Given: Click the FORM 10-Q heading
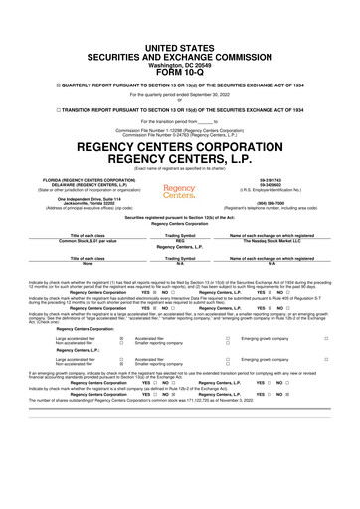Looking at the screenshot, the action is (180, 43).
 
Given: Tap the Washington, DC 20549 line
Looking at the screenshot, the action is (180, 34).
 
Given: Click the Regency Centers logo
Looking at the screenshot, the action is (180, 191).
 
